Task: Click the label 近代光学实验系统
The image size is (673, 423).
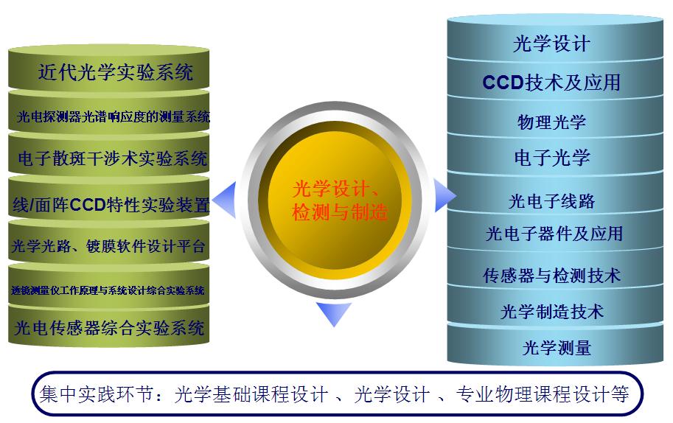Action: point(116,72)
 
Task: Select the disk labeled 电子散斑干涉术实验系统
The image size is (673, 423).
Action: point(112,158)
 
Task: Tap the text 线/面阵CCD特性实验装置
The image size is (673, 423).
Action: point(111,204)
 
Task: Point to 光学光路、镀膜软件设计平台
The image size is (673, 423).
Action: point(109,246)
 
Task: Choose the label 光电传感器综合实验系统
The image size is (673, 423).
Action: point(109,327)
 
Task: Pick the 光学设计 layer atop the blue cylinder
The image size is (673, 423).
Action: point(551,44)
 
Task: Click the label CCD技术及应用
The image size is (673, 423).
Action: point(551,83)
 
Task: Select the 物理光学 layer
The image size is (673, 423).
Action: point(551,122)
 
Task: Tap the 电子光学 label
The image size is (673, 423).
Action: point(551,157)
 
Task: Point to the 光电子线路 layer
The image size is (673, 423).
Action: point(551,200)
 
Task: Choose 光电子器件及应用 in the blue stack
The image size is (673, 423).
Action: point(554,234)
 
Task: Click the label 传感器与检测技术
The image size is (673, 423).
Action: point(551,276)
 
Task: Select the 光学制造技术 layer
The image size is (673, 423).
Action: point(551,311)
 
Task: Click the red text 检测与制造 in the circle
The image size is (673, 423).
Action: point(339,214)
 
